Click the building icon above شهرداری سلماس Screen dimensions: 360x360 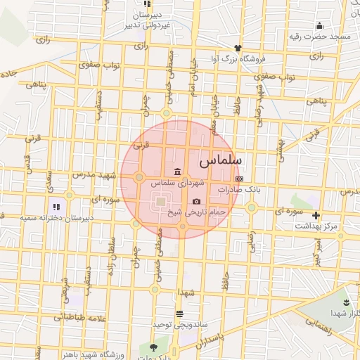click(176, 172)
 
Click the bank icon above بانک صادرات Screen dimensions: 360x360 click(239, 179)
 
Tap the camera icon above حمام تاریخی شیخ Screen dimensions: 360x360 click(196, 202)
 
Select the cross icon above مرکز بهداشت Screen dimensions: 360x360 click(316, 215)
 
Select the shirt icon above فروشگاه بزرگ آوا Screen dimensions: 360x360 click(238, 48)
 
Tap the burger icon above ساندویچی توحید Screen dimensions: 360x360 click(180, 314)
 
